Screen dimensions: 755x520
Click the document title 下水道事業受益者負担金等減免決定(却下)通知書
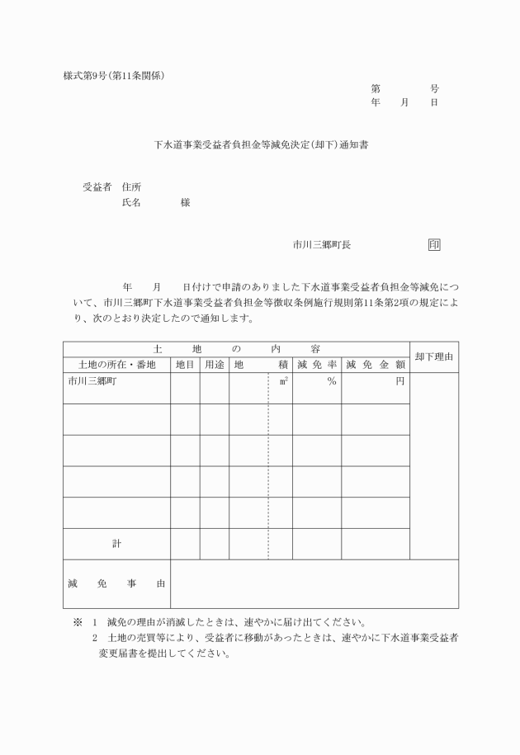point(262,144)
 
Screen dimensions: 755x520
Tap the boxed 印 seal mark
point(434,244)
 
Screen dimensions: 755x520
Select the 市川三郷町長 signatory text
point(322,245)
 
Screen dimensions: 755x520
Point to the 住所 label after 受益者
point(131,186)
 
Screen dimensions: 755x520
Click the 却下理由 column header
point(434,356)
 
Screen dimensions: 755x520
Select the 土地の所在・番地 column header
point(116,365)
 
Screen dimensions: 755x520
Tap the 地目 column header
point(185,365)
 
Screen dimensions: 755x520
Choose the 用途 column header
point(214,365)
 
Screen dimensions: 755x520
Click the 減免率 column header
point(317,365)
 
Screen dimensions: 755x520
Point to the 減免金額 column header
point(376,365)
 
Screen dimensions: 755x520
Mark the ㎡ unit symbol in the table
point(284,381)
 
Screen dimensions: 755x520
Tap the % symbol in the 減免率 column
point(331,381)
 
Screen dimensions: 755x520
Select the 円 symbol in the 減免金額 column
point(400,381)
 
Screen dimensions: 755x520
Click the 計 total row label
point(116,544)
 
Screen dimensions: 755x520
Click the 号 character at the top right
point(434,88)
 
